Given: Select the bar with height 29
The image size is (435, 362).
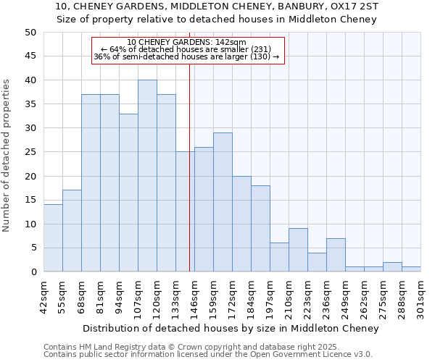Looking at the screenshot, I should [223, 202].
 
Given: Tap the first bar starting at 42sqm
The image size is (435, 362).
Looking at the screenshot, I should [53, 238].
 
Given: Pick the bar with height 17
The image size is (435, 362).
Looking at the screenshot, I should [72, 231].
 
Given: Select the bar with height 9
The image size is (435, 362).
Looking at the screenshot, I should [298, 250].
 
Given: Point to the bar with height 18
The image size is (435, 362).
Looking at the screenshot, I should [260, 229].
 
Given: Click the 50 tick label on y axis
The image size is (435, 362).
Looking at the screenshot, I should [30, 33].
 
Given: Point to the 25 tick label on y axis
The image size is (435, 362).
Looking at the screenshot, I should [30, 152].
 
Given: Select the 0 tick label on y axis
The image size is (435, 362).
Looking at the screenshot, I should [33, 272].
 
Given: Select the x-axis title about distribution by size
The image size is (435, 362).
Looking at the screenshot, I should [231, 329].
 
